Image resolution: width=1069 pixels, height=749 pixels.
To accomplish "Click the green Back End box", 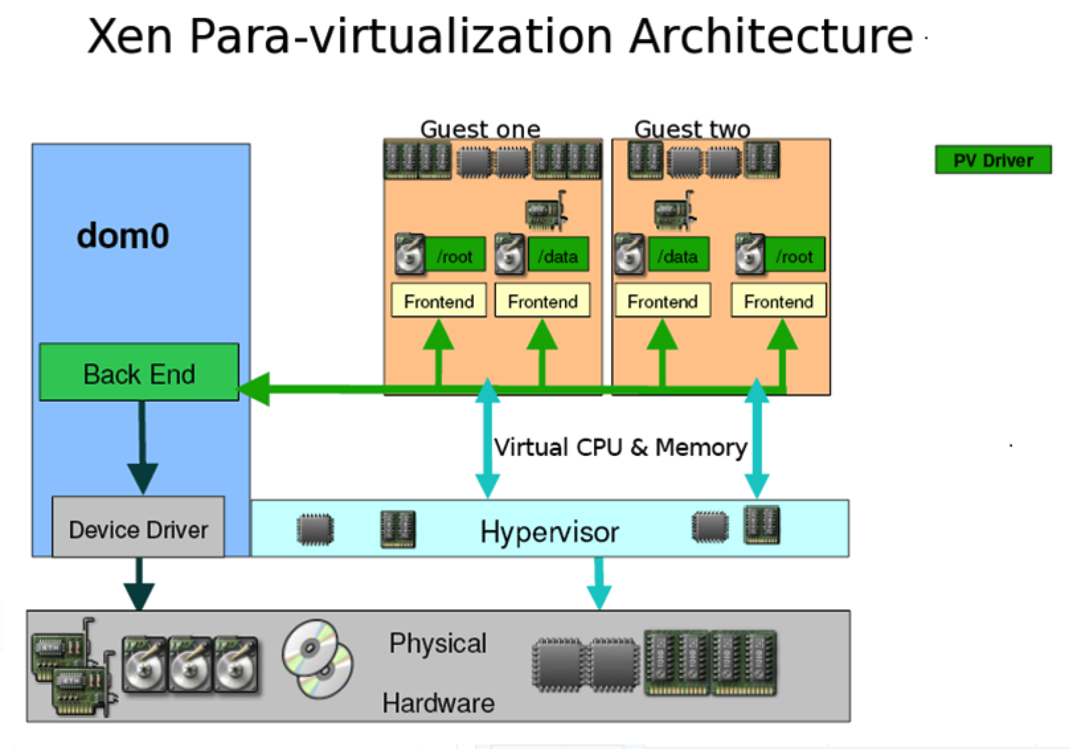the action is click(139, 372).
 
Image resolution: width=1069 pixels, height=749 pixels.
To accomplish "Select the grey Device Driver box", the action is click(138, 527).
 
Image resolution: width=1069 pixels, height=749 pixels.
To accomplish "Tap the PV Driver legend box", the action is click(993, 159).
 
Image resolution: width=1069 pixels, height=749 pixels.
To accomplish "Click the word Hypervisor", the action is click(549, 532).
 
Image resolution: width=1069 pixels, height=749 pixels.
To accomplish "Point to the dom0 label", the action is click(122, 236).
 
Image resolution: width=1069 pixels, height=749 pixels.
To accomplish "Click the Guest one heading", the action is click(480, 129).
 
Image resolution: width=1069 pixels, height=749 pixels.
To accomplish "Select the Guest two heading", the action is click(693, 129).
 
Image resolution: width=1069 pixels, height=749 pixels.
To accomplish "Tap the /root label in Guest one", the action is click(454, 256).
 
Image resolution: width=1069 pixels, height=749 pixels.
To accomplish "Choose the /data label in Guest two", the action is click(677, 256).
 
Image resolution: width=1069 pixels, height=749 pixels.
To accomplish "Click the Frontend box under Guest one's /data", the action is click(542, 300).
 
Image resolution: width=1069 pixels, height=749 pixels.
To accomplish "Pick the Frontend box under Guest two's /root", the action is click(779, 300).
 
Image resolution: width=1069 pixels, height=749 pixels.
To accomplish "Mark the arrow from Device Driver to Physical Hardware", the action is click(139, 584).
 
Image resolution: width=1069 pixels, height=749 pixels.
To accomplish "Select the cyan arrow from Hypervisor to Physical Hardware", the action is click(599, 584).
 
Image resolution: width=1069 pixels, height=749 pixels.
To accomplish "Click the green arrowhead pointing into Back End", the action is click(254, 389).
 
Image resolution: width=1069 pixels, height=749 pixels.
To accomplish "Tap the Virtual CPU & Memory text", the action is click(620, 448).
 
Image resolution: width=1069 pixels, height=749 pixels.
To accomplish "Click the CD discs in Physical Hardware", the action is click(318, 659).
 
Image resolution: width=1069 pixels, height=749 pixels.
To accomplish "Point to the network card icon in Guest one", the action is click(546, 210).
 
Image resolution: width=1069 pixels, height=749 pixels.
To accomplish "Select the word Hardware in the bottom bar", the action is click(438, 703).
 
